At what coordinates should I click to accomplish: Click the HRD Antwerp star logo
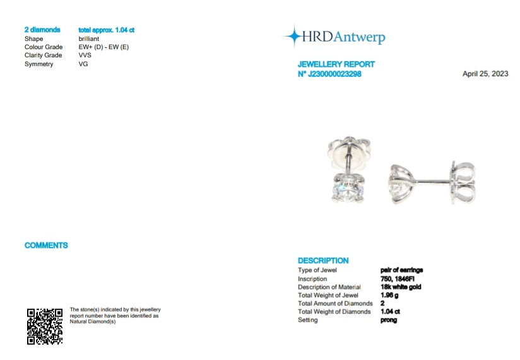[x=293, y=37]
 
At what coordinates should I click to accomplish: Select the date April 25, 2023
[x=485, y=74]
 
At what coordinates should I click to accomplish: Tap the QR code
[x=44, y=326]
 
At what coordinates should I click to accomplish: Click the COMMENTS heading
[x=46, y=245]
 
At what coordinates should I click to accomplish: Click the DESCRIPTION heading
[x=322, y=260]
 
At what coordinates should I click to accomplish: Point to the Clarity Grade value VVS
[x=85, y=55]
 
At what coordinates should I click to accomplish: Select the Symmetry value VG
[x=83, y=64]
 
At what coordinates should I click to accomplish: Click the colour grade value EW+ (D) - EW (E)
[x=103, y=47]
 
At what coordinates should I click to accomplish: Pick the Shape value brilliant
[x=89, y=39]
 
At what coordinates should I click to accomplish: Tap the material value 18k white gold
[x=401, y=287]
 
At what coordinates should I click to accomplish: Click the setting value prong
[x=389, y=320]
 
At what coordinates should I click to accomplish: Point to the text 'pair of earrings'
[x=401, y=270]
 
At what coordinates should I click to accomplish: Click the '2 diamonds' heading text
[x=42, y=30]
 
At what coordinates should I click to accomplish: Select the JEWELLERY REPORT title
[x=336, y=64]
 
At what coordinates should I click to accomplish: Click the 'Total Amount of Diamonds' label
[x=334, y=303]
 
